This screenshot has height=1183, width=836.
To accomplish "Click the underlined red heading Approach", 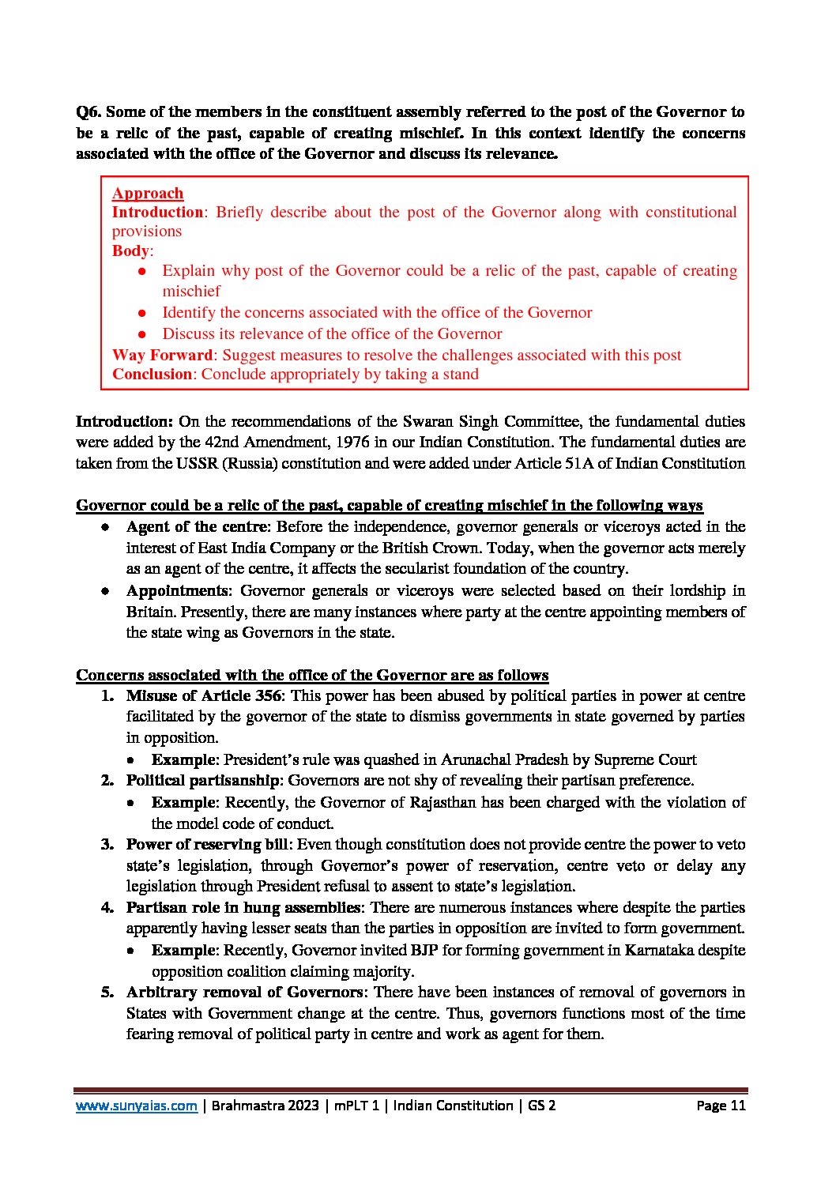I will (148, 194).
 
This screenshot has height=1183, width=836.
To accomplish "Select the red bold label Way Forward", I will (162, 356).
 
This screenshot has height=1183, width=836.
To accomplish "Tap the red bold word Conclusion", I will (152, 375).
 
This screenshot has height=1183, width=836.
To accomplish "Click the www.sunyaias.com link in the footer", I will (136, 1106).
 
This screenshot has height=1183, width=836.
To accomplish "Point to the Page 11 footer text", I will (721, 1106).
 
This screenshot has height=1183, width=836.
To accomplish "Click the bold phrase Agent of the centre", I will (197, 527).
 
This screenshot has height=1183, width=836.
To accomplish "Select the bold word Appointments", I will (177, 591).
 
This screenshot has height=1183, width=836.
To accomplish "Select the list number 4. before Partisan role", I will (107, 908).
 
